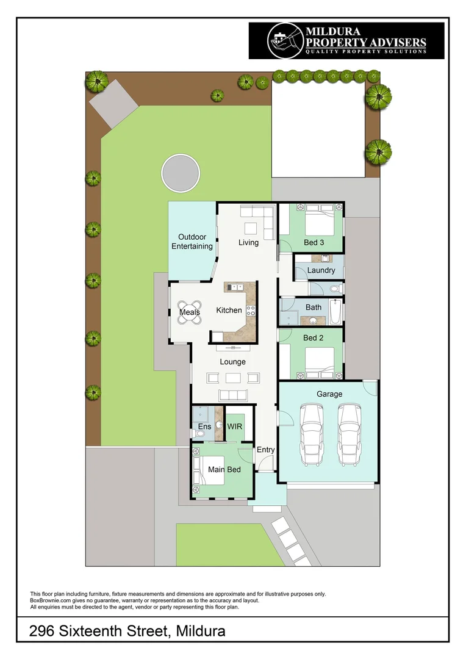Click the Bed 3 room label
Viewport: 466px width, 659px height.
(314, 242)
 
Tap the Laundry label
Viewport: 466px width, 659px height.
(321, 270)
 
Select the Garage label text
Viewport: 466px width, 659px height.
(329, 394)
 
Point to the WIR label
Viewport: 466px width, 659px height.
(234, 427)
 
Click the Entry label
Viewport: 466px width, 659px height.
(265, 450)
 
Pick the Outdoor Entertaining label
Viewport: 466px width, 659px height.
(192, 242)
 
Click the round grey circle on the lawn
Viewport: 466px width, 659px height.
(181, 173)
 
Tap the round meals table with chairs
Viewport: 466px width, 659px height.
(190, 312)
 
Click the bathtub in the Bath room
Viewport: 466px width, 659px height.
(335, 312)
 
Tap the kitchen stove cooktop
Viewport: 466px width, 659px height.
(251, 311)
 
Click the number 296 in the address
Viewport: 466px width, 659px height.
(41, 632)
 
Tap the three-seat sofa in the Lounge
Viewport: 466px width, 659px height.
(233, 395)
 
